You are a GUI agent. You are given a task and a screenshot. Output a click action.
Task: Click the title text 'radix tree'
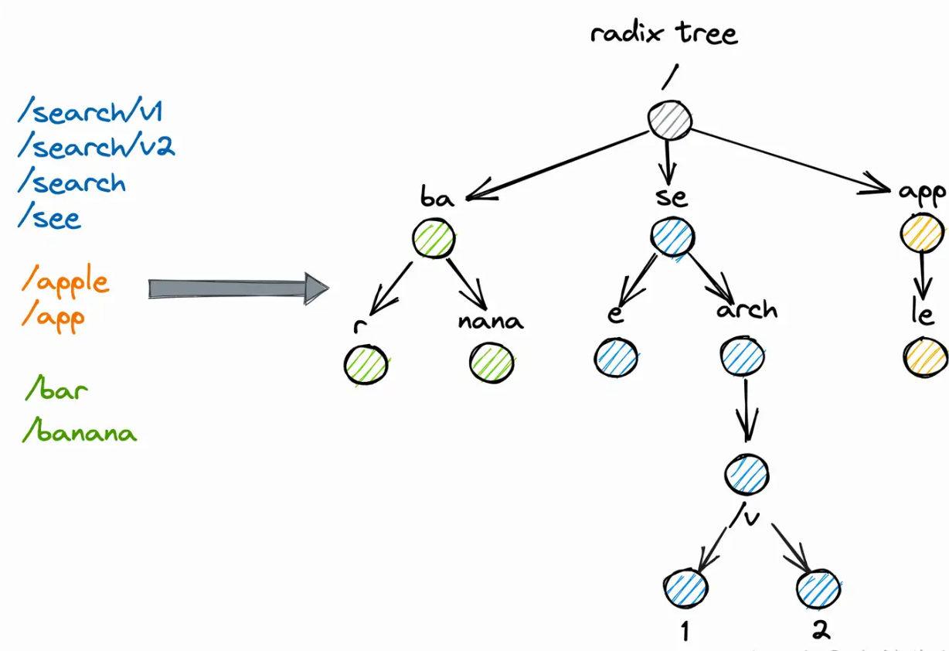664,34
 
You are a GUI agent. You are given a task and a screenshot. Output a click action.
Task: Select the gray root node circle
670,121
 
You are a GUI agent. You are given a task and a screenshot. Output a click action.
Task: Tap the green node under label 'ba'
434,239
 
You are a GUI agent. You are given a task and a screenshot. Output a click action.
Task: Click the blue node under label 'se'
672,238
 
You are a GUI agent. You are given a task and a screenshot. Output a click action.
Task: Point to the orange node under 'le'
924,356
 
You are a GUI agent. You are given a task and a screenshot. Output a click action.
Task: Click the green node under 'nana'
492,363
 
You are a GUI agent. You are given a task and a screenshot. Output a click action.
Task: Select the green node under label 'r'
366,363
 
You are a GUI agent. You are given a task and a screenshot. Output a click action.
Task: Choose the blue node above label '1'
685,589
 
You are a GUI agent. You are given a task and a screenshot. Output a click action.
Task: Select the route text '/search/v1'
90,113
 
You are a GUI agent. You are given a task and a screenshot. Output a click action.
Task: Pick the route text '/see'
49,218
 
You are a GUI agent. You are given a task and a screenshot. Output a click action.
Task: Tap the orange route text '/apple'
66,282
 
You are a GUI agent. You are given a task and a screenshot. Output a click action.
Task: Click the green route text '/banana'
80,431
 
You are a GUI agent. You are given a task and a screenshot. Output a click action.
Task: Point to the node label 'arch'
746,310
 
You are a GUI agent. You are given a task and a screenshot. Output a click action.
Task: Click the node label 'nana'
490,320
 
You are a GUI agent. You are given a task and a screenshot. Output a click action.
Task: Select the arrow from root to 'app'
788,160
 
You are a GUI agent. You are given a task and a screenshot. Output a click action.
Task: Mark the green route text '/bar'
56,390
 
